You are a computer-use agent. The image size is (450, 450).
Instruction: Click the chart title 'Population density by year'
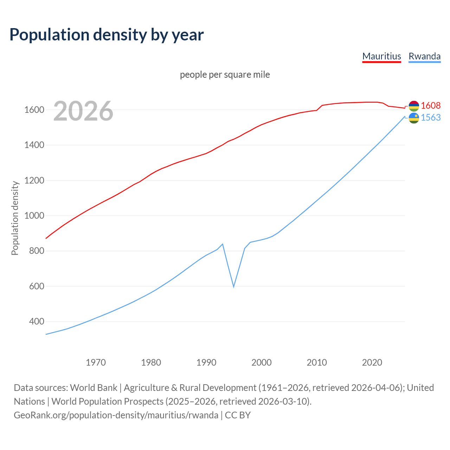[x=107, y=35]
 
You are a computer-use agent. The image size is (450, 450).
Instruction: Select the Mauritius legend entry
[x=381, y=56]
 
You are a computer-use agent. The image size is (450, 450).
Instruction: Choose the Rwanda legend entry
[x=424, y=56]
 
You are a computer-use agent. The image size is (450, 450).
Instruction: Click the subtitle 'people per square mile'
[x=225, y=75]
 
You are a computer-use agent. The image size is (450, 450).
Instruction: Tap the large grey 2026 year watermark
[x=83, y=111]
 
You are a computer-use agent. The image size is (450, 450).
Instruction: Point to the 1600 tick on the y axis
[x=34, y=110]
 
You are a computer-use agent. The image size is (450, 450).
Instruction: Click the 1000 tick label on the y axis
[x=34, y=216]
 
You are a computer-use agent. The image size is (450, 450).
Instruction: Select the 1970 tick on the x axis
[x=96, y=362]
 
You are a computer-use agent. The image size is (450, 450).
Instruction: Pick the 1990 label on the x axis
[x=206, y=362]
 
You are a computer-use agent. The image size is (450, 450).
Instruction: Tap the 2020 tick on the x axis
[x=372, y=362]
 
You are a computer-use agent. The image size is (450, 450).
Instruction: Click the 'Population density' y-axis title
[x=15, y=218]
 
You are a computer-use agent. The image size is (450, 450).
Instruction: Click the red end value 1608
[x=431, y=105]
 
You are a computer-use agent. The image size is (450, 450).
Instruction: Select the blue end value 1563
[x=431, y=117]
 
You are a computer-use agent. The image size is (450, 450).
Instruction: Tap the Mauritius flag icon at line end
[x=414, y=106]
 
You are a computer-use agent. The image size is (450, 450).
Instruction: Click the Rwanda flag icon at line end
[x=414, y=118]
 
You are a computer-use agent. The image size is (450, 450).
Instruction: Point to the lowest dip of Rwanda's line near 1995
[x=233, y=287]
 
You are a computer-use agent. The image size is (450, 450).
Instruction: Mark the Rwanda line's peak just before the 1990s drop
[x=223, y=244]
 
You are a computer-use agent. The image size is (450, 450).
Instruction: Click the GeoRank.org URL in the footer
[x=116, y=415]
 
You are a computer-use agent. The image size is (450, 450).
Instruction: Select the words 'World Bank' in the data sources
[x=94, y=387]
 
